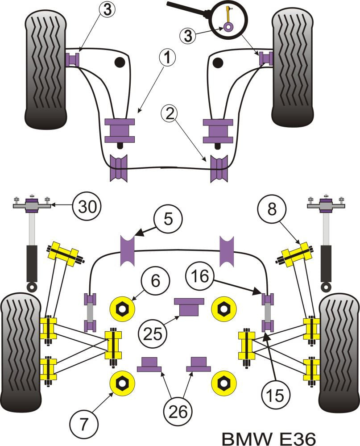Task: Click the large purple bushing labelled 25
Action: click(x=189, y=307)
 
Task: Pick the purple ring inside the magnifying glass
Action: click(x=228, y=27)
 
